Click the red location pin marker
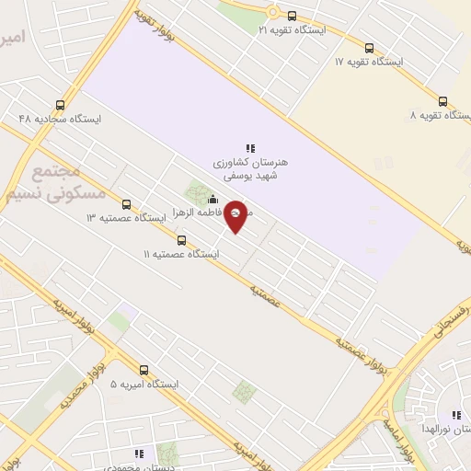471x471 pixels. pyautogui.click(x=235, y=215)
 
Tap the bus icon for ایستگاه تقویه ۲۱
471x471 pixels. pyautogui.click(x=293, y=16)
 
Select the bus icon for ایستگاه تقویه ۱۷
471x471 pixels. pyautogui.click(x=369, y=48)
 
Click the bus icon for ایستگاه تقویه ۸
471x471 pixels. pyautogui.click(x=442, y=102)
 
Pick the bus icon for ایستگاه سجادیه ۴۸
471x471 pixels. pyautogui.click(x=61, y=105)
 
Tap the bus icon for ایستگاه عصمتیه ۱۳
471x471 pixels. pyautogui.click(x=126, y=204)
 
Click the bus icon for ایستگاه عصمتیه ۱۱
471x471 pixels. pyautogui.click(x=181, y=240)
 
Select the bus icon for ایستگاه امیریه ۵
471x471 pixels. pyautogui.click(x=143, y=370)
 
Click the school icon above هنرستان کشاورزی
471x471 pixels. pyautogui.click(x=249, y=147)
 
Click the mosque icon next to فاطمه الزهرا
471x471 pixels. pyautogui.click(x=213, y=200)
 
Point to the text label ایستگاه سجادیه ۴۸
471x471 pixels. pyautogui.click(x=60, y=119)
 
